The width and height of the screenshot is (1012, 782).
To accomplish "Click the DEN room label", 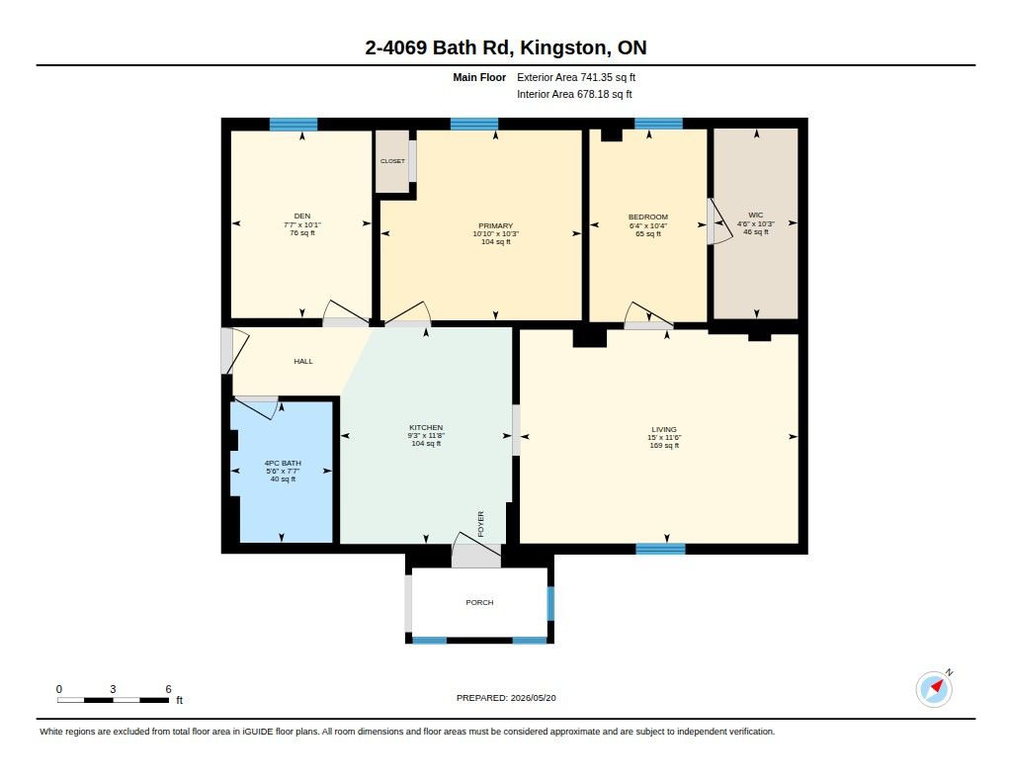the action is pos(302,217).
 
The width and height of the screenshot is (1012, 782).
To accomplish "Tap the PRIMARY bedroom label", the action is pos(496,226).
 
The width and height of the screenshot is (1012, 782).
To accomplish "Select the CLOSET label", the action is pos(392,161).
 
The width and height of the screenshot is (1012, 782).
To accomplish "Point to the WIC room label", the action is pos(756,216).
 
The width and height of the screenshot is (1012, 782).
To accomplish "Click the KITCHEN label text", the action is pos(426,427).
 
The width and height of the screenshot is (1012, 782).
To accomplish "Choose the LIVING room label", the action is pos(664,429).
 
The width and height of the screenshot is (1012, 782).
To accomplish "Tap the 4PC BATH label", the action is pos(283,463).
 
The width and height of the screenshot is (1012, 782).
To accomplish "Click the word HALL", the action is pos(303,362).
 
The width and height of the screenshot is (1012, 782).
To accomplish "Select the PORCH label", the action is pos(479,602).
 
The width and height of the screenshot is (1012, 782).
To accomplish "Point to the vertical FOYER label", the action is pos(481,524).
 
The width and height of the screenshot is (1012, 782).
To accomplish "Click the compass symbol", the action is pos(935,689).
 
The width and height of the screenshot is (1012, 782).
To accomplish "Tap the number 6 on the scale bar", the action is pos(168,689).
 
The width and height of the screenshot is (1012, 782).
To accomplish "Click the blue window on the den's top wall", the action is pos(293,124).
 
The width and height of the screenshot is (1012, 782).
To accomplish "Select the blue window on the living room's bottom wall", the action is pos(660,549).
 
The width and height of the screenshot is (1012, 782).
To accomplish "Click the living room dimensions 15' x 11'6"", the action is pos(664,438).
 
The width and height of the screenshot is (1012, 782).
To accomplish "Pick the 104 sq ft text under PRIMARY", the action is pos(496,242).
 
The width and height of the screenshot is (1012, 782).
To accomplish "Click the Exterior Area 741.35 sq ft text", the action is pos(576,77).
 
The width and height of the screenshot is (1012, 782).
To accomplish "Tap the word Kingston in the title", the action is pos(563,47).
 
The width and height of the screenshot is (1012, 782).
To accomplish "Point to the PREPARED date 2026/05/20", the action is pos(533,698).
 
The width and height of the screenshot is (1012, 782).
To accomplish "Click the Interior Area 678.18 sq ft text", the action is pos(574,94).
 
